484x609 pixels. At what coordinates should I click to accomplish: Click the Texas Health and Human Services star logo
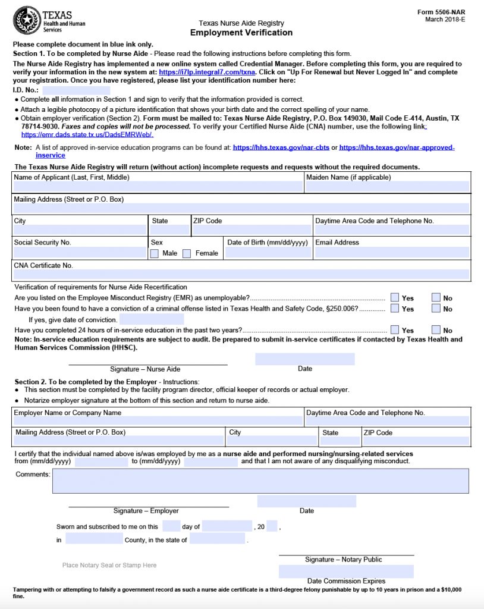27,21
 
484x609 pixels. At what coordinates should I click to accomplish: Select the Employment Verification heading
241,33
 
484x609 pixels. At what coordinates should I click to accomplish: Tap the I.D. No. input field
84,90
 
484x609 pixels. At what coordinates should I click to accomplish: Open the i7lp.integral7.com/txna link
207,72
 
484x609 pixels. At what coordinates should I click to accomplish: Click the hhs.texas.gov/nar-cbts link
281,147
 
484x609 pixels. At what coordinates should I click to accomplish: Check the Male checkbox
155,254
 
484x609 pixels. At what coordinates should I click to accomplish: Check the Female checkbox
187,254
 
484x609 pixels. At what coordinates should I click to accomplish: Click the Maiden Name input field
387,187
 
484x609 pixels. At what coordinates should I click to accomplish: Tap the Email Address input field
391,253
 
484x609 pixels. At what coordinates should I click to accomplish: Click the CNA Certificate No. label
43,265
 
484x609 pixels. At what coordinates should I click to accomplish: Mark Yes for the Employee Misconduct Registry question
395,298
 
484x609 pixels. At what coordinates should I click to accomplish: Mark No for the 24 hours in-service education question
436,330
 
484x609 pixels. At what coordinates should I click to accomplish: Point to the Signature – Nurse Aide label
145,369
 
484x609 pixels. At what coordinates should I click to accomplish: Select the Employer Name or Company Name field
158,420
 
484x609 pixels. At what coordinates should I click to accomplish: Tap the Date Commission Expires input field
346,572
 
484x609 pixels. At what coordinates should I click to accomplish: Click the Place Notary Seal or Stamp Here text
109,565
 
